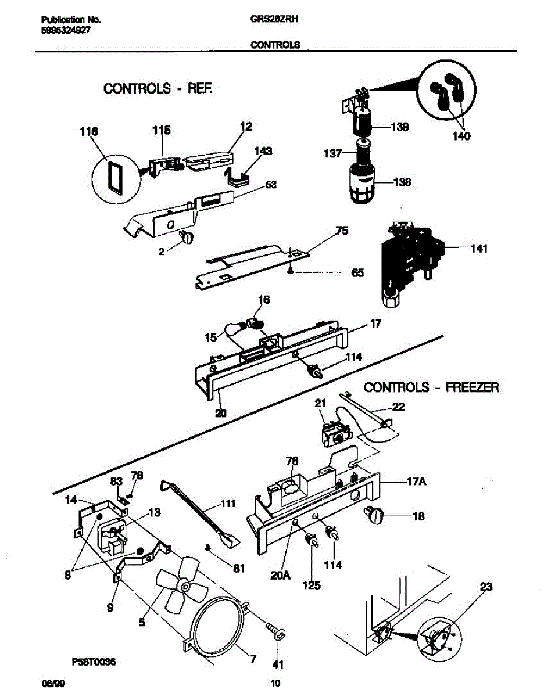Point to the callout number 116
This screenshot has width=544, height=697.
[x=89, y=132]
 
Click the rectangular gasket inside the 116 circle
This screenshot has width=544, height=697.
[x=114, y=177]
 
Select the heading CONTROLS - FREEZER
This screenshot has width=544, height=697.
[x=431, y=387]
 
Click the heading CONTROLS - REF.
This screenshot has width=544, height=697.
[x=158, y=89]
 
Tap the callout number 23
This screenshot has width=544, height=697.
[x=486, y=587]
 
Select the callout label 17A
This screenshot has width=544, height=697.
[x=400, y=482]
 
